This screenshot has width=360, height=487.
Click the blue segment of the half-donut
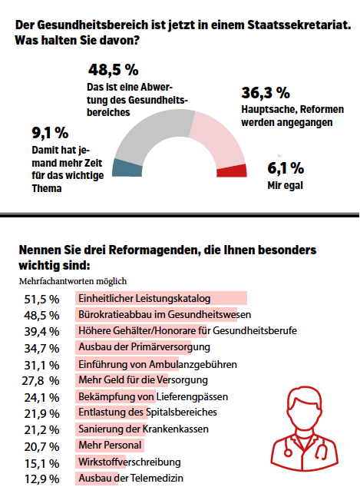click(127, 168)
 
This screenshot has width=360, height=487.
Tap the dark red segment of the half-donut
click(232, 171)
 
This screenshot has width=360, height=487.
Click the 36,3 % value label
click(266, 93)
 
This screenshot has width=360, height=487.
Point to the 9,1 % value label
click(50, 133)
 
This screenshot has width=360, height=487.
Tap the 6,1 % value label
click(286, 168)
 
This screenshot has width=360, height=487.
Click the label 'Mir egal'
click(286, 185)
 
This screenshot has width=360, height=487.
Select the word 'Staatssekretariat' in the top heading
click(299, 25)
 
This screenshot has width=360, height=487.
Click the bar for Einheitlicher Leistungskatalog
click(161, 298)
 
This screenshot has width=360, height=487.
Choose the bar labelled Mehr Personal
click(110, 446)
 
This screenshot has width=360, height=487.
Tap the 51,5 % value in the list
click(41, 299)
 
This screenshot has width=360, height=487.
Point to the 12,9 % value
click(41, 479)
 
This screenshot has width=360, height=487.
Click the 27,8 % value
click(41, 380)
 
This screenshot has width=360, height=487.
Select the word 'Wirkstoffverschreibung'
click(130, 462)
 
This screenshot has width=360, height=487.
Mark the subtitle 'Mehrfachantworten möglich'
click(73, 281)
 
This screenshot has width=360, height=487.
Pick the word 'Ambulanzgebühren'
click(193, 364)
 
